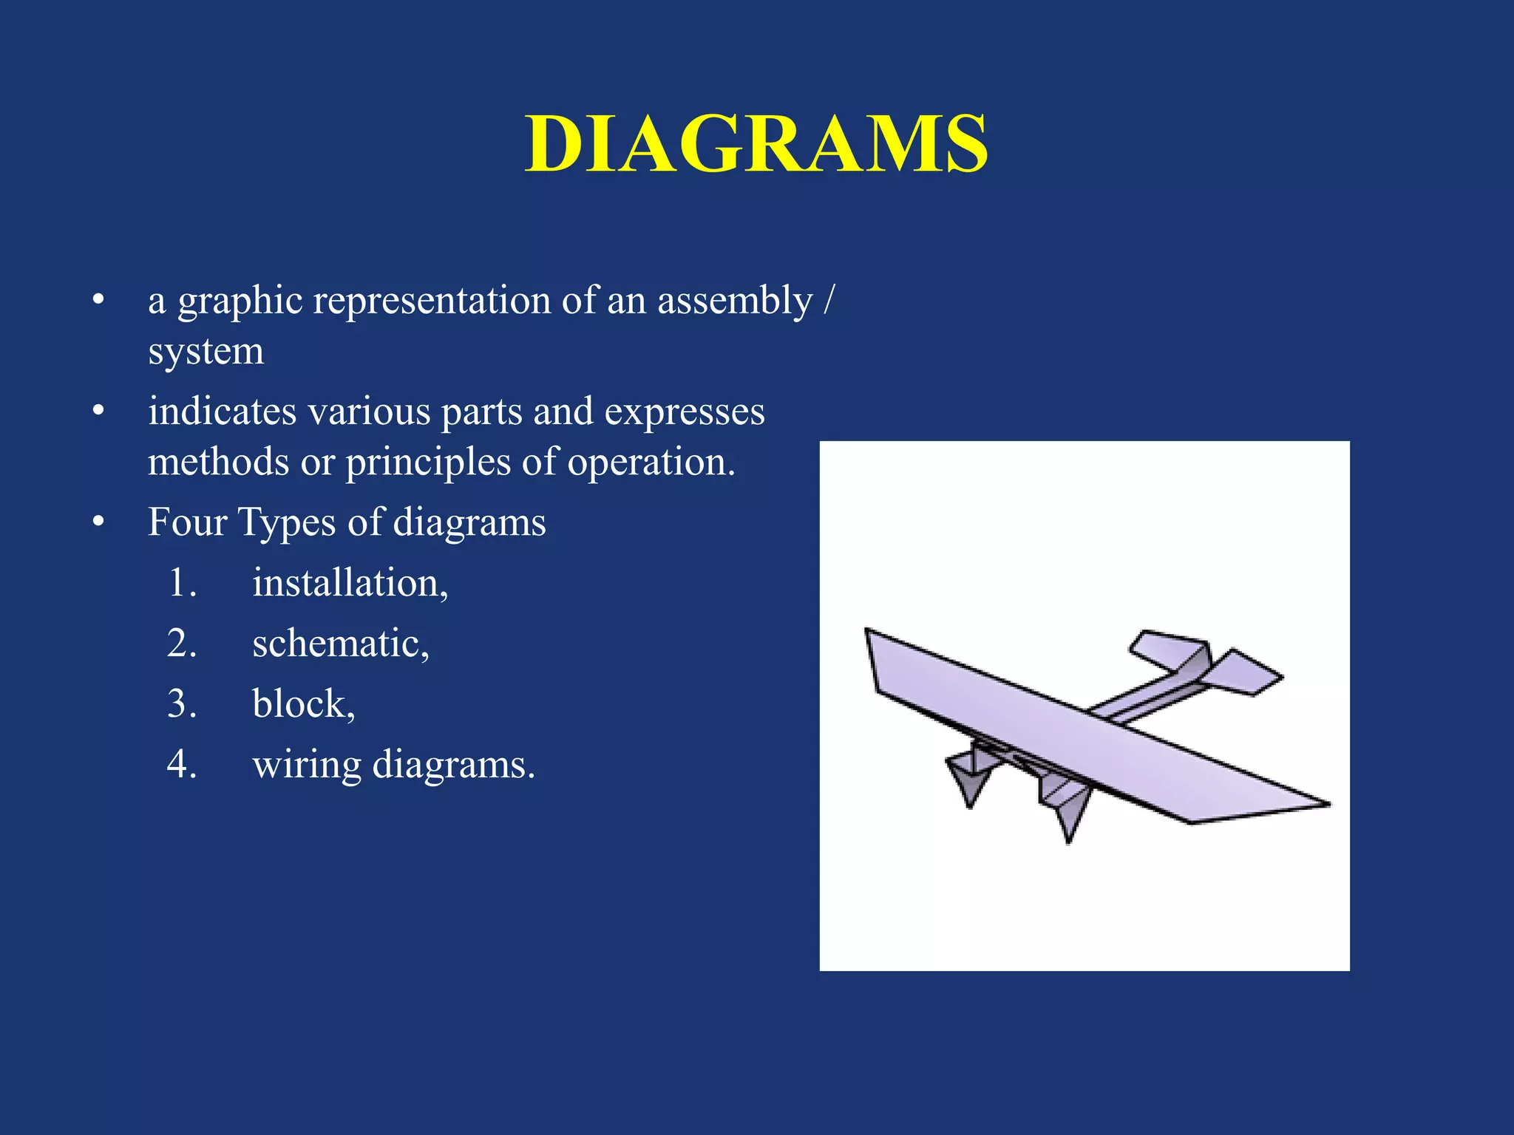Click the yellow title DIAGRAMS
[756, 144]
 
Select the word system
[206, 352]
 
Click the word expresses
[684, 412]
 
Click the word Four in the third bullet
[187, 522]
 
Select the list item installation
[350, 583]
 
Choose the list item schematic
[340, 643]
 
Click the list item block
[303, 703]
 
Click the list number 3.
[181, 703]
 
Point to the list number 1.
[181, 583]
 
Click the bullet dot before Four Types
[98, 522]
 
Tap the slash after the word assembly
[829, 300]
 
